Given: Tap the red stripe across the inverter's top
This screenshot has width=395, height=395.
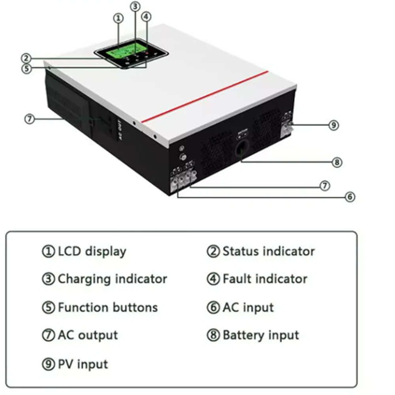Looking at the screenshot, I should (x=205, y=97).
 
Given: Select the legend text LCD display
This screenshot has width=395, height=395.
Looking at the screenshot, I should (x=92, y=251).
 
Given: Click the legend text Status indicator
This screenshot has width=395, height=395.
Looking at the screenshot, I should (x=269, y=251).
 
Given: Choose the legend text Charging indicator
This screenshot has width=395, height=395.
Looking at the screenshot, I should (x=112, y=279).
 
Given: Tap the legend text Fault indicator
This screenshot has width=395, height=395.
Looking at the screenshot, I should (x=265, y=279).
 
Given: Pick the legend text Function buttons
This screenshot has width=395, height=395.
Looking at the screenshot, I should (x=107, y=307).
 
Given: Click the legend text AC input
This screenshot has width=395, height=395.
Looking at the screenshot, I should (x=248, y=307).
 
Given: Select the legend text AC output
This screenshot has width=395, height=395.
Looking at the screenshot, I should (x=88, y=335).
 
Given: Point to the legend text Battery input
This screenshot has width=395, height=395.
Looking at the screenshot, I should (x=261, y=335).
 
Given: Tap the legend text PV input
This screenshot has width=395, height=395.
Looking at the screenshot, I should (x=83, y=364).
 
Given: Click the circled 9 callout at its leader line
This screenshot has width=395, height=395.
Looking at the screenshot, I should (x=334, y=125).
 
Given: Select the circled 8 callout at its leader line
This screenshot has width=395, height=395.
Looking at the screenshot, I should (x=337, y=162).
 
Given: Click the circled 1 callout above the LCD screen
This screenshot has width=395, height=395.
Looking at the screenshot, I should (x=118, y=18).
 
